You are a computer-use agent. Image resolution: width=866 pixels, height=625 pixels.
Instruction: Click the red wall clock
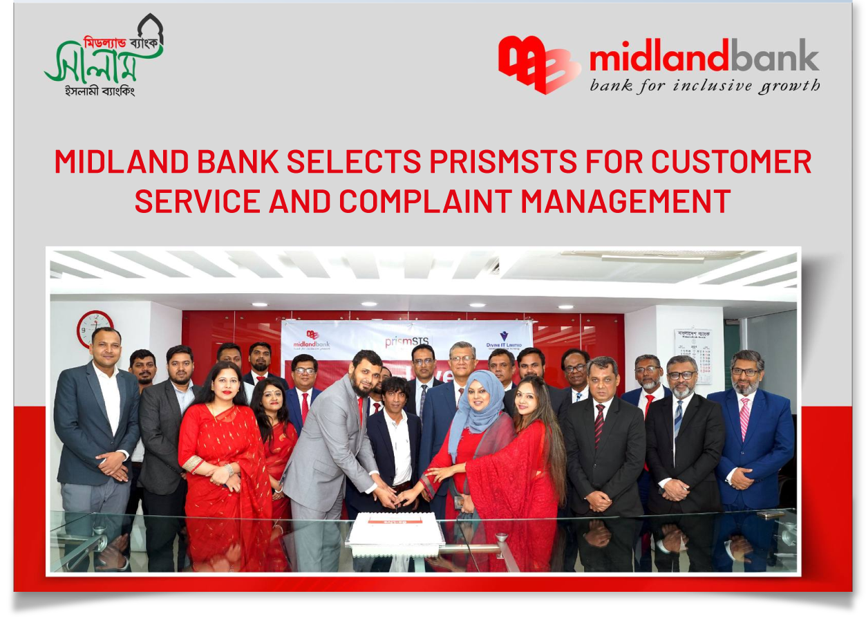coord(95,328)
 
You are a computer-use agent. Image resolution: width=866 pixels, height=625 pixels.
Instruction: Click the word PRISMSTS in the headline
coord(503,162)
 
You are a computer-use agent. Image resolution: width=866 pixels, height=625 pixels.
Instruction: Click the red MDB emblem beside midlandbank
coord(539,64)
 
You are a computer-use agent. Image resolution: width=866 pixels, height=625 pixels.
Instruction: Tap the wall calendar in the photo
coord(693,354)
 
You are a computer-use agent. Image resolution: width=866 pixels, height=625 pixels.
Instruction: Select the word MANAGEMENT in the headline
coord(625,201)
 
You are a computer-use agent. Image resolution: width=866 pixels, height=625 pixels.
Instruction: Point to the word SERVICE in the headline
coord(197,201)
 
